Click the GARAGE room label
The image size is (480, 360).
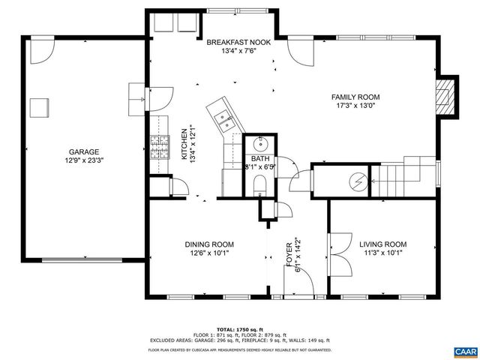click(x=85, y=151)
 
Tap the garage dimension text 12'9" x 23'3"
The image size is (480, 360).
click(x=85, y=160)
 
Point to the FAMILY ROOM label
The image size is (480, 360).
click(x=356, y=97)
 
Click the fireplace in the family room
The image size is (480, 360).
click(x=447, y=95)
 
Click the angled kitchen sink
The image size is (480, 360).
click(x=223, y=116)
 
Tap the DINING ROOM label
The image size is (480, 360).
click(x=209, y=244)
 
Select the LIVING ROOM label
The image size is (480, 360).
click(x=382, y=244)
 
